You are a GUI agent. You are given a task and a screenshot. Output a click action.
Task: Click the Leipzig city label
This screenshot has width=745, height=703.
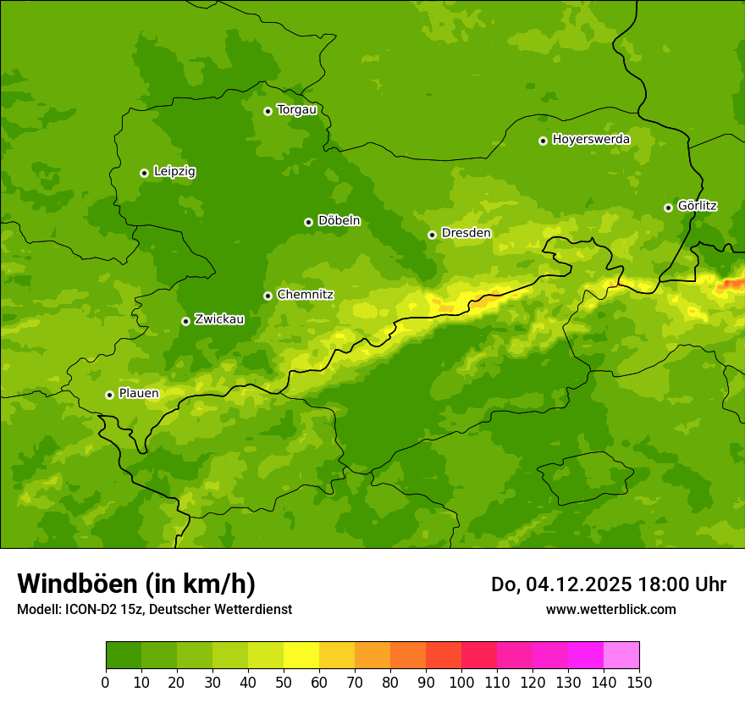click(x=174, y=172)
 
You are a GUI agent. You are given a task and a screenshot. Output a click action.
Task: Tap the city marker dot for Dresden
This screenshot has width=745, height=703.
click(x=432, y=235)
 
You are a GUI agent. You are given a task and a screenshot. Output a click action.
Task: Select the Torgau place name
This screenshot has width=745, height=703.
click(x=296, y=110)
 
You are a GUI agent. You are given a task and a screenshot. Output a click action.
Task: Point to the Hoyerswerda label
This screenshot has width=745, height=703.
click(x=591, y=140)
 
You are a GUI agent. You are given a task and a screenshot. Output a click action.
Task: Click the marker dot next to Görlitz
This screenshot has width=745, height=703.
click(x=668, y=208)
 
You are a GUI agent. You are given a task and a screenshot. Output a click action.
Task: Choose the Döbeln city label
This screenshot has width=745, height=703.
click(x=339, y=221)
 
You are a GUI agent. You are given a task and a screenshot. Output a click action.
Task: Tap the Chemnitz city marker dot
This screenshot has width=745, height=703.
click(x=268, y=296)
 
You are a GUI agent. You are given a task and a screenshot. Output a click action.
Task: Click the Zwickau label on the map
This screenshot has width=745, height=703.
click(x=219, y=319)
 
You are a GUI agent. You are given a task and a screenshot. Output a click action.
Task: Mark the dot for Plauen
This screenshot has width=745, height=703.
click(x=109, y=395)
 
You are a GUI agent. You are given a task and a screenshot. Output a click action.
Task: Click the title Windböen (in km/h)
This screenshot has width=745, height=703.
click(x=136, y=584)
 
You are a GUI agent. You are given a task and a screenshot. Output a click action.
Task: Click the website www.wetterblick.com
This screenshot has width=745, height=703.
click(x=610, y=610)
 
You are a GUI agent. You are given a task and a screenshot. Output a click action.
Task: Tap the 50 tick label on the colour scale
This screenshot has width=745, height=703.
click(x=284, y=682)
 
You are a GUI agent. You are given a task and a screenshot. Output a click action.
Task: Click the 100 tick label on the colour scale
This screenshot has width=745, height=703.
click(x=461, y=682)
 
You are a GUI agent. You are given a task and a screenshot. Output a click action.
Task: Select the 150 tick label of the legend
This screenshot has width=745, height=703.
click(x=639, y=682)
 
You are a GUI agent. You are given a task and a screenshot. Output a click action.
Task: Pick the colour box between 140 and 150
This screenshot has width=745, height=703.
click(x=621, y=656)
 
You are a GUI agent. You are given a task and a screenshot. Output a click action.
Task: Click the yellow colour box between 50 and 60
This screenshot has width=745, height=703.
click(x=301, y=656)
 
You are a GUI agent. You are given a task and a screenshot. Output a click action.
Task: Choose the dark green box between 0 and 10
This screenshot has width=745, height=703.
click(x=124, y=656)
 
